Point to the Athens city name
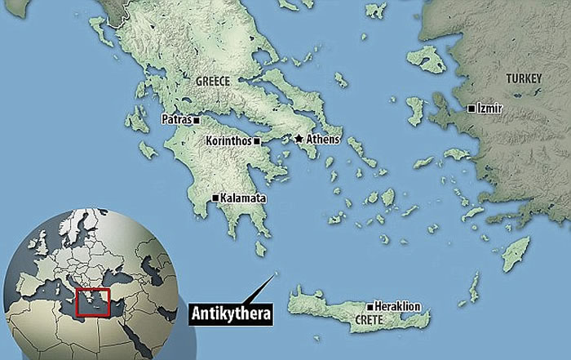click(322, 140)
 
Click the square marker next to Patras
click(196, 120)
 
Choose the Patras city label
click(176, 120)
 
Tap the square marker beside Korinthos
click(257, 141)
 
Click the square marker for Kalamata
click(215, 198)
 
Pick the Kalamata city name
click(242, 198)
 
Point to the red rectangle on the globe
click(92, 301)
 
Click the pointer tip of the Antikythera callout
click(275, 273)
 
